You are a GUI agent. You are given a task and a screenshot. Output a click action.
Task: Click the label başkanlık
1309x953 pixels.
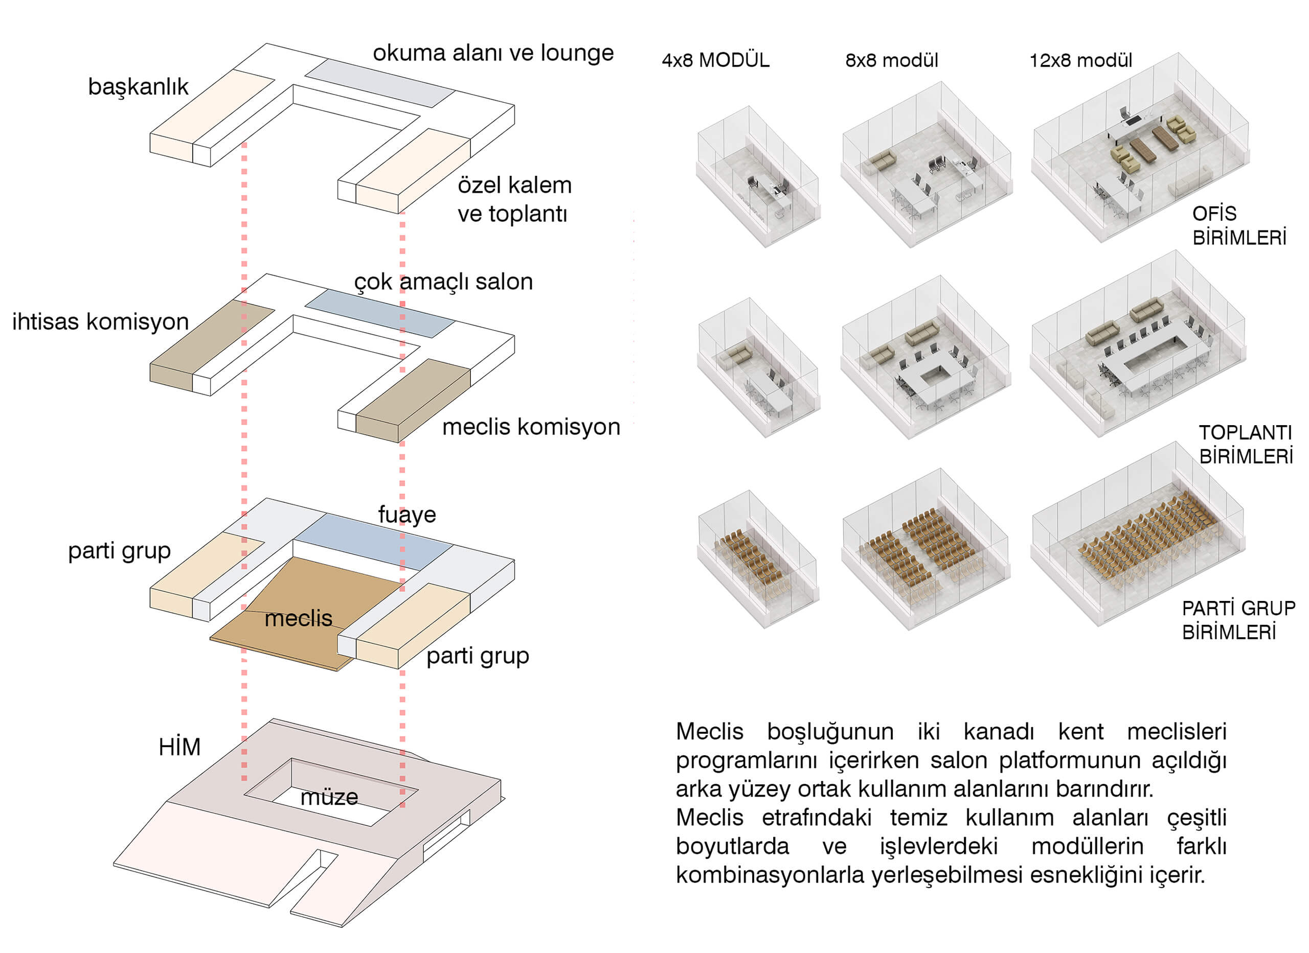(138, 87)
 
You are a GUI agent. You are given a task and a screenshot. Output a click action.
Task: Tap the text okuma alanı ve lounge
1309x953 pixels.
(493, 53)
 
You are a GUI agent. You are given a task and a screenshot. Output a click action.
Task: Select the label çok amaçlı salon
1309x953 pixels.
(443, 282)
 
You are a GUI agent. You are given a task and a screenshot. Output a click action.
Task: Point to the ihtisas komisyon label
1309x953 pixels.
(100, 322)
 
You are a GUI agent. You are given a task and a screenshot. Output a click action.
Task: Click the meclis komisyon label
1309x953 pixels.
(531, 427)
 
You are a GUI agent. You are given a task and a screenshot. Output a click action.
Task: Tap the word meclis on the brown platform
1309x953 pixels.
(299, 618)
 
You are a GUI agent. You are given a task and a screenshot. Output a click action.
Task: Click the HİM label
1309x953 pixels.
(179, 747)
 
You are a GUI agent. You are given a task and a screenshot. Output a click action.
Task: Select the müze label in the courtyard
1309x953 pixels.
(329, 797)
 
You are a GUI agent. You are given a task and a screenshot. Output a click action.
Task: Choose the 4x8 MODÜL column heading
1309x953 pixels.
(716, 60)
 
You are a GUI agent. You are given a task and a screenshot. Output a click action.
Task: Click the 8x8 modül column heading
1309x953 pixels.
(892, 60)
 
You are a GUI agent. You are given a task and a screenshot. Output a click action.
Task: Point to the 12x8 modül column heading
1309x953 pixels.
(1081, 60)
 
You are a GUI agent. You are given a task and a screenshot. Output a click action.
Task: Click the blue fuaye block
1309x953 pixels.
(373, 542)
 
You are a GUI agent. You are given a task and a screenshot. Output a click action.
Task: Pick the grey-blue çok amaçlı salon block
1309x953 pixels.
(380, 313)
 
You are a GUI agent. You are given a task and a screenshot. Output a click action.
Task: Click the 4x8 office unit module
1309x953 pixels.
(758, 176)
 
